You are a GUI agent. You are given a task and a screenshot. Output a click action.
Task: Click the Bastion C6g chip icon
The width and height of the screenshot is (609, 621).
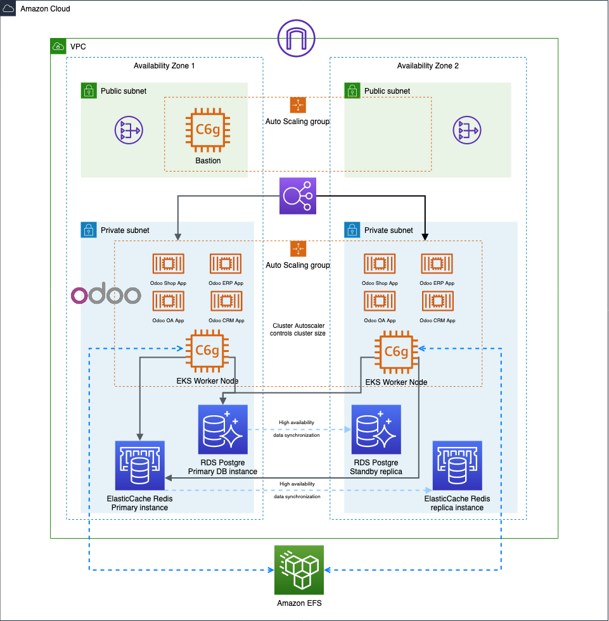point(207,130)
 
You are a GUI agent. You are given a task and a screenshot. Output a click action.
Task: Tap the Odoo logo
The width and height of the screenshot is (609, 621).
point(106,295)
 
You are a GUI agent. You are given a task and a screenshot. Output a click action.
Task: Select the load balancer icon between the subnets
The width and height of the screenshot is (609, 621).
point(298,196)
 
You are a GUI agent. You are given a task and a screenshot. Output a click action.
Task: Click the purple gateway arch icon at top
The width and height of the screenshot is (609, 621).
point(297,38)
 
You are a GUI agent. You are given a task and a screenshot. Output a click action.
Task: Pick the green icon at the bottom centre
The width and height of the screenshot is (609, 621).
point(298,570)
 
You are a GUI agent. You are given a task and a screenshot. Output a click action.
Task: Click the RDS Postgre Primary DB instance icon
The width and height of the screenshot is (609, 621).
point(222,429)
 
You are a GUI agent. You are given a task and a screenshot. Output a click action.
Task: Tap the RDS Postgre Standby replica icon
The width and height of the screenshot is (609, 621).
point(376,429)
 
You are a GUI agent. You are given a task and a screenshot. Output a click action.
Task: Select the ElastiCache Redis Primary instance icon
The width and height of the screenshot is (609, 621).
point(139,466)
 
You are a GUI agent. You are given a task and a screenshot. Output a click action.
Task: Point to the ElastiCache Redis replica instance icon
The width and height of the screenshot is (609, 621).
point(457,466)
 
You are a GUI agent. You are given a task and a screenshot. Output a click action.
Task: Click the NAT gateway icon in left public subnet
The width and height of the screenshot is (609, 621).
point(129,131)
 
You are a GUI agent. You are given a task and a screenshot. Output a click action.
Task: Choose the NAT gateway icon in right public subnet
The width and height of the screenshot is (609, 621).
point(467,131)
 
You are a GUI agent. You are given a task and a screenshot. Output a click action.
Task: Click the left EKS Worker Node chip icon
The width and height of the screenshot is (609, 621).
point(207,351)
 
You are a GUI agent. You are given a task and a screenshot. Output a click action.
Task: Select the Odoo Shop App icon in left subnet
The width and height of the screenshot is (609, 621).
point(168,264)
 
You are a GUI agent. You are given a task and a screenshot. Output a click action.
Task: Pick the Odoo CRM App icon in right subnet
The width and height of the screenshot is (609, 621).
point(437,301)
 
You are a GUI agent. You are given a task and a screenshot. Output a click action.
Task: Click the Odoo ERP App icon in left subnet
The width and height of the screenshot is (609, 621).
point(226,264)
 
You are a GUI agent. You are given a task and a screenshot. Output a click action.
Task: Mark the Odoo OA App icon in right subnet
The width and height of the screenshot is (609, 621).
point(380,301)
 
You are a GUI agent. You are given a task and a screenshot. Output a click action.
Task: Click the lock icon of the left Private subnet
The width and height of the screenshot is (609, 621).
point(89,230)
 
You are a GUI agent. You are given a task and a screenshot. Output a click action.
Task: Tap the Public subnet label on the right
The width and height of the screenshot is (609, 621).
point(387,91)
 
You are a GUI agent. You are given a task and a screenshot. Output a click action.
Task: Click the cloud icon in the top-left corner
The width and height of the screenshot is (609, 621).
point(8,8)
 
